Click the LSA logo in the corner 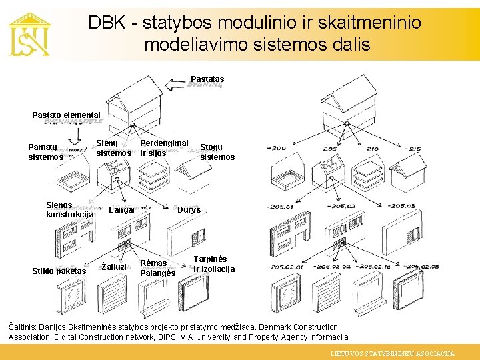[x=29, y=34]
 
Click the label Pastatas [x=207, y=79]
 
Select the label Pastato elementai [x=66, y=115]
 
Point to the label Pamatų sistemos [x=46, y=152]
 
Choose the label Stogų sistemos [x=217, y=152]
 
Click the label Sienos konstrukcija [x=70, y=210]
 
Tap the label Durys [x=189, y=210]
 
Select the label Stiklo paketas [x=59, y=271]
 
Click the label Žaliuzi [x=113, y=267]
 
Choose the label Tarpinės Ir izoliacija [x=214, y=264]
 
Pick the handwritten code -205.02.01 [x=285, y=267]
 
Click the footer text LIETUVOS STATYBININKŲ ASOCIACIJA [x=393, y=354]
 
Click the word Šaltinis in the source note [x=25, y=327]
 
